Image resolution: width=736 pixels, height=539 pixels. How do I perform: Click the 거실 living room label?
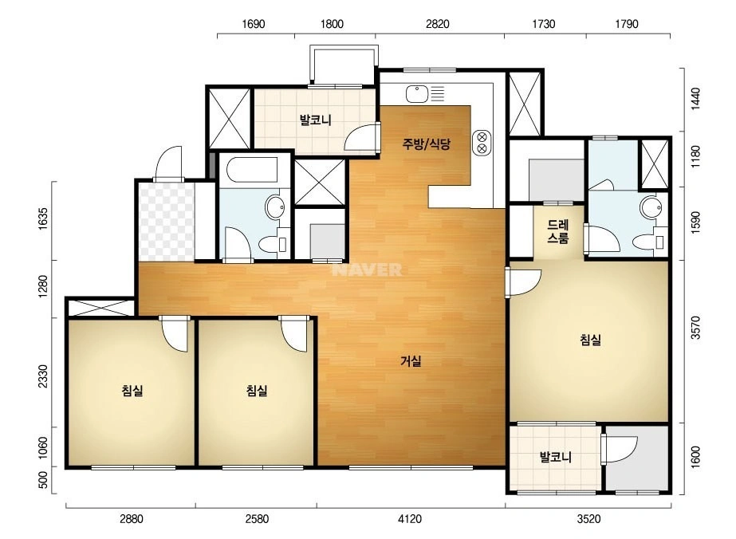(411, 361)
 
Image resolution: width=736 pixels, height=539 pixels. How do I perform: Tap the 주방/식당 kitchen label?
(426, 144)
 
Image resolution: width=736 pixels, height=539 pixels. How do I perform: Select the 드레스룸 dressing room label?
(557, 231)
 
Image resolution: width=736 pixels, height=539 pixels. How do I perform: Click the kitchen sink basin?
(417, 94)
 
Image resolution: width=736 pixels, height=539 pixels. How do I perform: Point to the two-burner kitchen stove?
(482, 143)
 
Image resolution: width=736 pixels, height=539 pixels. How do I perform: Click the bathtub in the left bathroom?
(252, 170)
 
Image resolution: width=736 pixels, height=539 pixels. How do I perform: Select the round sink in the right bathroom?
(651, 207)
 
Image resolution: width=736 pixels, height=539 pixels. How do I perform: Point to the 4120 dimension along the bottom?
(410, 519)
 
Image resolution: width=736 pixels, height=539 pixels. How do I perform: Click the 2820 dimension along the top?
(438, 24)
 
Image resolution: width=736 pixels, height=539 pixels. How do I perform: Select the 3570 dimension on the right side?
(695, 327)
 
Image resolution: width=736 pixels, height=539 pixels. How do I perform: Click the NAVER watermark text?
(367, 270)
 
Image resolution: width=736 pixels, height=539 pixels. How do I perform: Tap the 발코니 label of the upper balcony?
(316, 120)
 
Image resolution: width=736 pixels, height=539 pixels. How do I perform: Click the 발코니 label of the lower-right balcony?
(556, 457)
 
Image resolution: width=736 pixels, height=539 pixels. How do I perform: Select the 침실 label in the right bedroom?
(591, 340)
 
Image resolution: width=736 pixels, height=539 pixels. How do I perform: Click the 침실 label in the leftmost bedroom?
(132, 390)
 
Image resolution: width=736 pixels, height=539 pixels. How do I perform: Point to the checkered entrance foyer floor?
(167, 222)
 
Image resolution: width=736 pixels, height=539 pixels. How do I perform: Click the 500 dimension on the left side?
(43, 480)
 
